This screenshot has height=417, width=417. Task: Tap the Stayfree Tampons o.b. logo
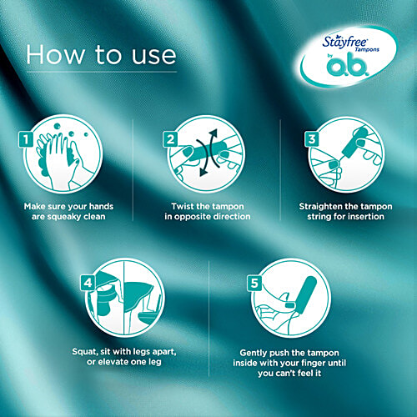pos(345,58)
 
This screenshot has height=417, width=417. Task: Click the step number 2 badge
pos(172,139)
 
